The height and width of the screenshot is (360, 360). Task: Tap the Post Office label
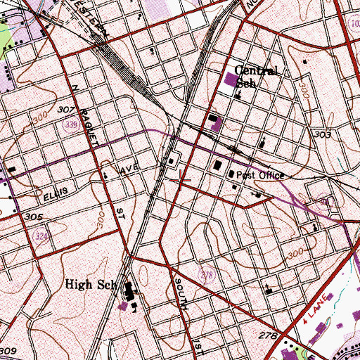259,176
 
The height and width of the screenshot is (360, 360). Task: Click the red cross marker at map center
181,180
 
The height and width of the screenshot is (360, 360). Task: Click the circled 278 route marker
206,274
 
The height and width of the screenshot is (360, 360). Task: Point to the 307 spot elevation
67,110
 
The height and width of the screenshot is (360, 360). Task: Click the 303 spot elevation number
323,134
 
